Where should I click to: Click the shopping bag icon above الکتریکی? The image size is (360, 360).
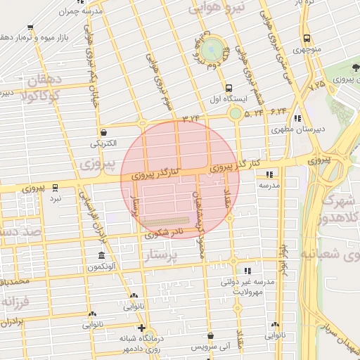104,131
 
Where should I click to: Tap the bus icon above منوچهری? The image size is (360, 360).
306,39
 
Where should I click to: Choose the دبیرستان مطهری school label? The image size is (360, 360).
293,130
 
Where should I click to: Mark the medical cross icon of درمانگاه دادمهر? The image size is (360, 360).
141,328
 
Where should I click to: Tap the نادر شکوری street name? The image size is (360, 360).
164,233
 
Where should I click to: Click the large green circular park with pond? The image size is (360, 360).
211,49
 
